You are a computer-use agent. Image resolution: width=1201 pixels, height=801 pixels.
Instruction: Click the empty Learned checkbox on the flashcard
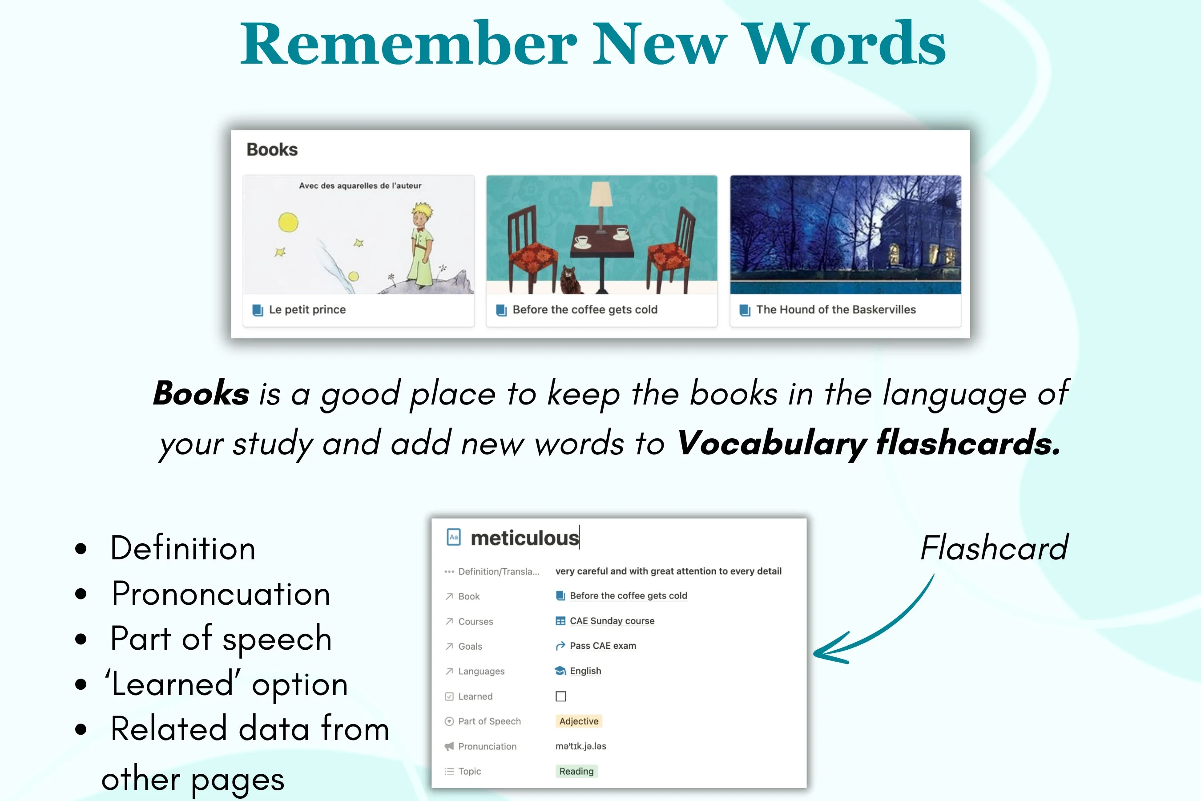(x=560, y=696)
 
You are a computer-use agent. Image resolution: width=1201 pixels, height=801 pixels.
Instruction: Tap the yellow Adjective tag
(x=579, y=721)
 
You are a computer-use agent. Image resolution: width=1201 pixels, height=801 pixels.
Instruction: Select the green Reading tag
(x=576, y=771)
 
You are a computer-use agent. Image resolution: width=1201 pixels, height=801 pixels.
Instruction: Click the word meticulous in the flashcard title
(x=524, y=538)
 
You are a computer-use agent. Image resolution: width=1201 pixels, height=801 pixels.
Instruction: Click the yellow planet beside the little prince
(x=288, y=222)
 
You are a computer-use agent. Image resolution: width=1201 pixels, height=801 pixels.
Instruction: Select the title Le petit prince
(x=307, y=310)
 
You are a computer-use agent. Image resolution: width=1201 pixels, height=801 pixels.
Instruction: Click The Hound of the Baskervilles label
(x=836, y=310)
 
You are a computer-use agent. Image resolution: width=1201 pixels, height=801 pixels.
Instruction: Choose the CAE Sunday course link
(x=612, y=621)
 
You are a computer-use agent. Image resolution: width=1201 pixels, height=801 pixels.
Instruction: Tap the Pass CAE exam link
(x=603, y=646)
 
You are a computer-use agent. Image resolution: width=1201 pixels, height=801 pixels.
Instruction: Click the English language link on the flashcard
(x=585, y=671)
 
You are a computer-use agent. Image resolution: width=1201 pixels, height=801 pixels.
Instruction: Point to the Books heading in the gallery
(x=272, y=150)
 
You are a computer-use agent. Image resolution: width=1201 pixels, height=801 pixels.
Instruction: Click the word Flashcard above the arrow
(x=994, y=548)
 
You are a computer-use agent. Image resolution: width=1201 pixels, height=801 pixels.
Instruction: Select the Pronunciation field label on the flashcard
(x=487, y=746)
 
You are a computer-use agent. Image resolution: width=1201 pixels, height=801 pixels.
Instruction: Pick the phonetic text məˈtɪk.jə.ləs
(x=580, y=746)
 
